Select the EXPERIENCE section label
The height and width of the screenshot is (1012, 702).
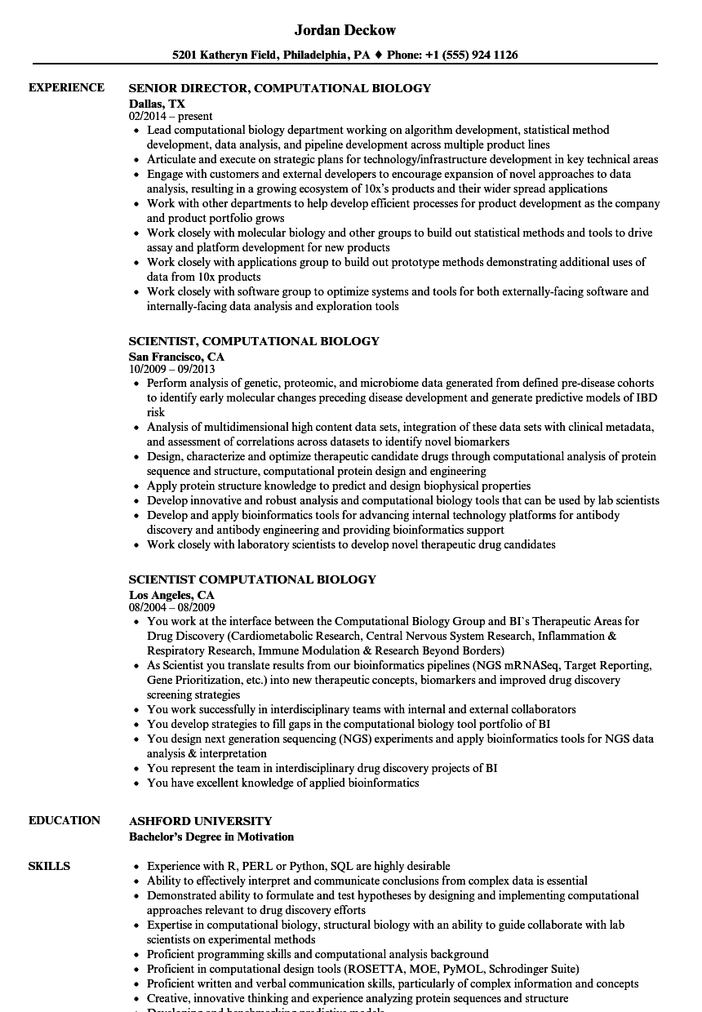pos(66,87)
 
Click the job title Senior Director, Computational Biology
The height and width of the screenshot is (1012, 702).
pos(280,88)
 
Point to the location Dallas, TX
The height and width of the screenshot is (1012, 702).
pos(157,104)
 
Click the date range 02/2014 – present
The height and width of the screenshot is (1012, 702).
pos(171,117)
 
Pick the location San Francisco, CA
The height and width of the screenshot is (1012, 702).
pos(176,357)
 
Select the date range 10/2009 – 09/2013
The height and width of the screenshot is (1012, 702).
pos(171,369)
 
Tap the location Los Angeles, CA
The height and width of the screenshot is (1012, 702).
pos(171,595)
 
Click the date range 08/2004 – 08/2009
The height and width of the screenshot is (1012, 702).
pos(171,607)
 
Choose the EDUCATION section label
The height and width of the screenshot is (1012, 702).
pos(64,820)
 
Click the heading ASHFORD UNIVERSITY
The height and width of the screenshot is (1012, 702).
pos(201,821)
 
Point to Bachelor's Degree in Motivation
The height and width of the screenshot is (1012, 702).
pos(211,837)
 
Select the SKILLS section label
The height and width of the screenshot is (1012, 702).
pos(49,866)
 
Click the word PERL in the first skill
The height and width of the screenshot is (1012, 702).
pos(269,866)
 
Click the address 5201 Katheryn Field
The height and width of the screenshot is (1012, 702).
pos(225,55)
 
